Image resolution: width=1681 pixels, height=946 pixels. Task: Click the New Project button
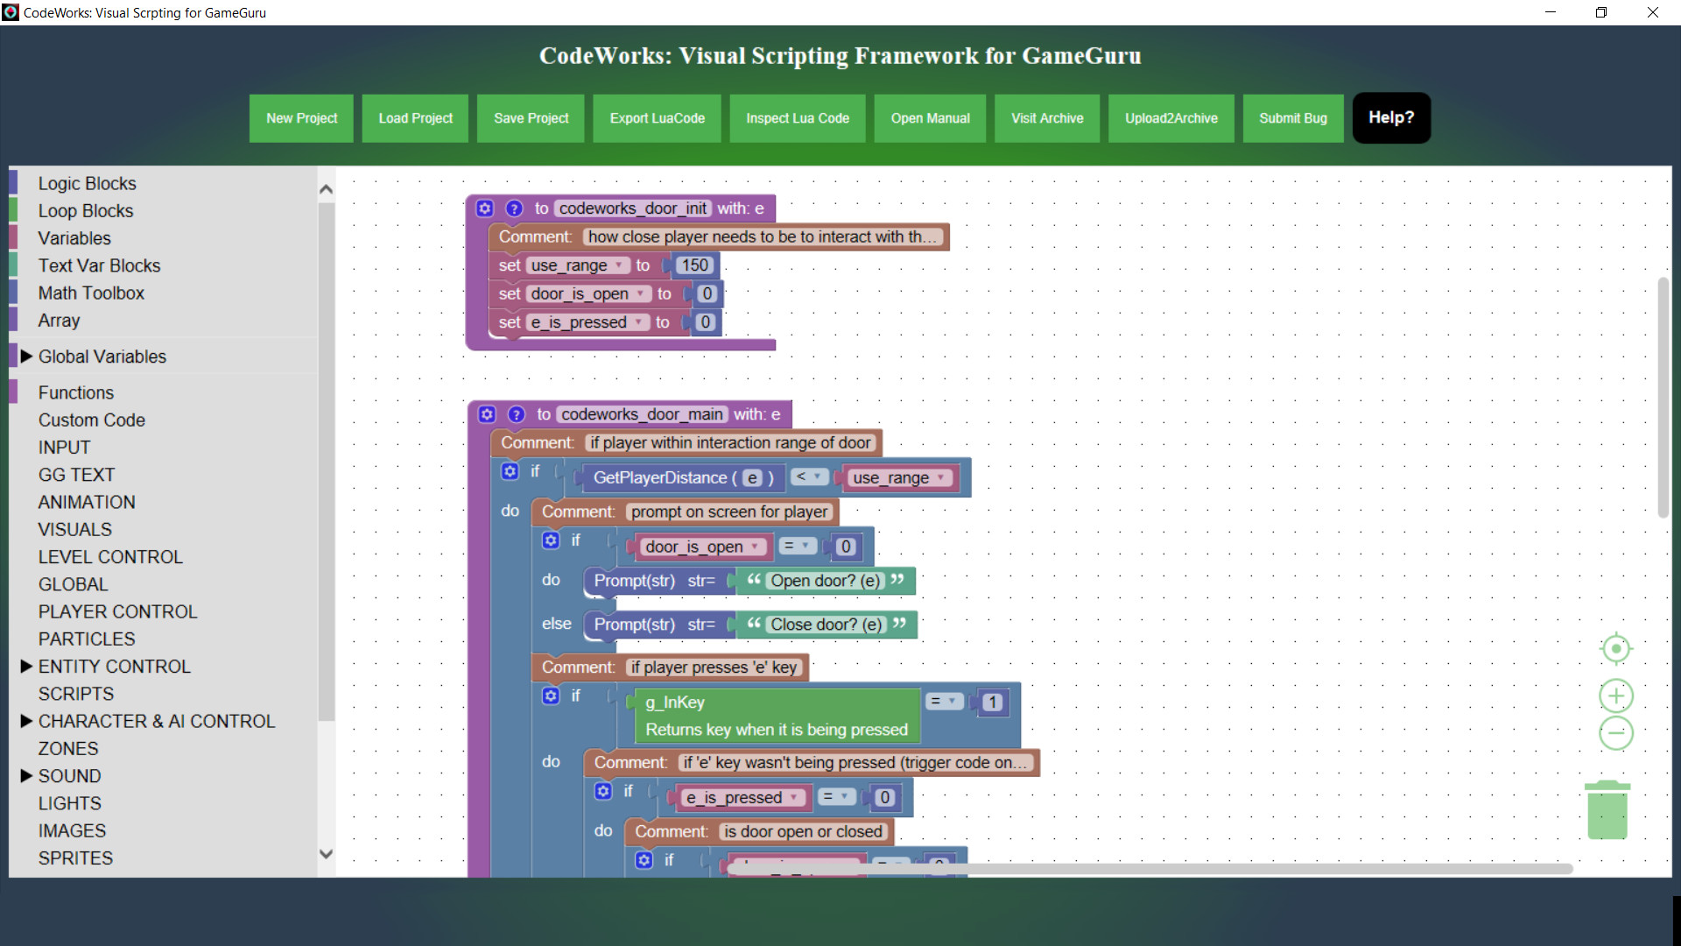(301, 118)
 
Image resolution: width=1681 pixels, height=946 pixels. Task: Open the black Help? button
(1390, 117)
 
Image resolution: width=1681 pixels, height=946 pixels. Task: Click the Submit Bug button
(1292, 118)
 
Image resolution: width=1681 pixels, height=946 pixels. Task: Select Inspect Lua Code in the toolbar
(797, 118)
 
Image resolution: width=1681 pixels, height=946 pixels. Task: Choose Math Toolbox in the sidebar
(91, 293)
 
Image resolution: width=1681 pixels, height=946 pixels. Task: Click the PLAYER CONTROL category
(117, 611)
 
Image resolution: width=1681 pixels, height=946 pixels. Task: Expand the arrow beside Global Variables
(26, 357)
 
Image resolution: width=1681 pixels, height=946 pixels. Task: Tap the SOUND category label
(69, 776)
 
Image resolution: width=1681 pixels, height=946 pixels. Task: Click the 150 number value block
(694, 265)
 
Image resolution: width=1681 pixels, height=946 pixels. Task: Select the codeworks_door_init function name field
(632, 208)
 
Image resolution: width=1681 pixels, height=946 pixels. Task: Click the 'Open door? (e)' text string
(825, 581)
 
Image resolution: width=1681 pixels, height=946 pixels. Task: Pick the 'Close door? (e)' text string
(826, 625)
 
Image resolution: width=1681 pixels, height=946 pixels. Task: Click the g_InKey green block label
(674, 702)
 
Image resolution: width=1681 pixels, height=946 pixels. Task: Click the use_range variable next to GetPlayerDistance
(890, 478)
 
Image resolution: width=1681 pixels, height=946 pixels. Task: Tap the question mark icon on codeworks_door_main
(517, 414)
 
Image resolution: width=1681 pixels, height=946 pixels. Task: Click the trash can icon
(1607, 810)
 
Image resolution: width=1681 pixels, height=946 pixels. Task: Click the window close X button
(1652, 12)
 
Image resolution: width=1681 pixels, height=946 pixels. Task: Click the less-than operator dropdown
(808, 477)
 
